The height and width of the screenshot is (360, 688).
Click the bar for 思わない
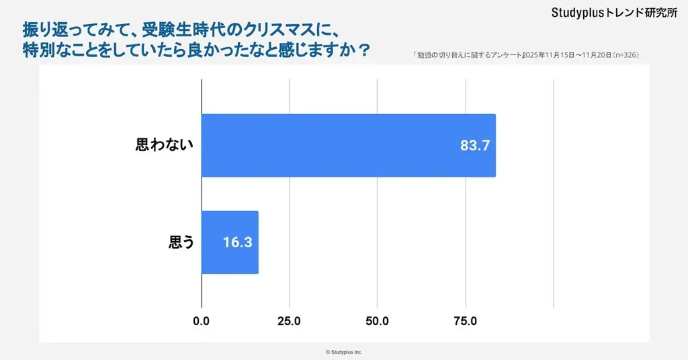pyautogui.click(x=349, y=146)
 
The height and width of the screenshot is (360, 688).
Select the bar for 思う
pyautogui.click(x=230, y=242)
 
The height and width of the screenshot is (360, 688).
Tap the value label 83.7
pyautogui.click(x=474, y=146)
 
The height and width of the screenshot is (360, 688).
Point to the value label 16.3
pyautogui.click(x=237, y=242)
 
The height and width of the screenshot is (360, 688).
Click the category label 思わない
pyautogui.click(x=165, y=145)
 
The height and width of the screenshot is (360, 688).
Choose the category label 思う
pyautogui.click(x=181, y=242)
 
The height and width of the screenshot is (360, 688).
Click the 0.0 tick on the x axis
pyautogui.click(x=202, y=321)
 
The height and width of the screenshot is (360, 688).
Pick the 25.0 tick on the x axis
pyautogui.click(x=290, y=321)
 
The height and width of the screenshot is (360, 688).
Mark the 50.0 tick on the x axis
pyautogui.click(x=378, y=321)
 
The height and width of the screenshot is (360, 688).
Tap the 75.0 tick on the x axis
pyautogui.click(x=465, y=321)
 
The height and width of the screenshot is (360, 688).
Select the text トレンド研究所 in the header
pyautogui.click(x=642, y=13)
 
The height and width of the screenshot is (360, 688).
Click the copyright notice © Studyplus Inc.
pyautogui.click(x=344, y=352)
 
